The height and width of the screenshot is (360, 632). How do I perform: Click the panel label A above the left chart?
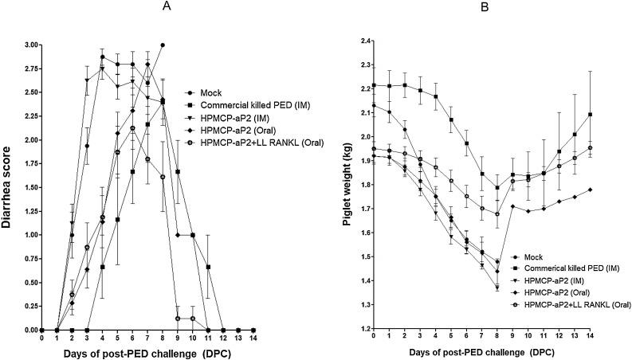pyautogui.click(x=145, y=7)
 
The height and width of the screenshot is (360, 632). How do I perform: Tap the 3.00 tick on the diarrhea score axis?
pyautogui.click(x=26, y=45)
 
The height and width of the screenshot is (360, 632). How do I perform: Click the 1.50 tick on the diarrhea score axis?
pyautogui.click(x=26, y=187)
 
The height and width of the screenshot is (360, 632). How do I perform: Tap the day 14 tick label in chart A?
pyautogui.click(x=253, y=338)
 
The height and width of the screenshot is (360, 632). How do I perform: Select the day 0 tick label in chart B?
pyautogui.click(x=374, y=338)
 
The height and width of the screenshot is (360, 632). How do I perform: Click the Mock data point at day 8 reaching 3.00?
pyautogui.click(x=163, y=45)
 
